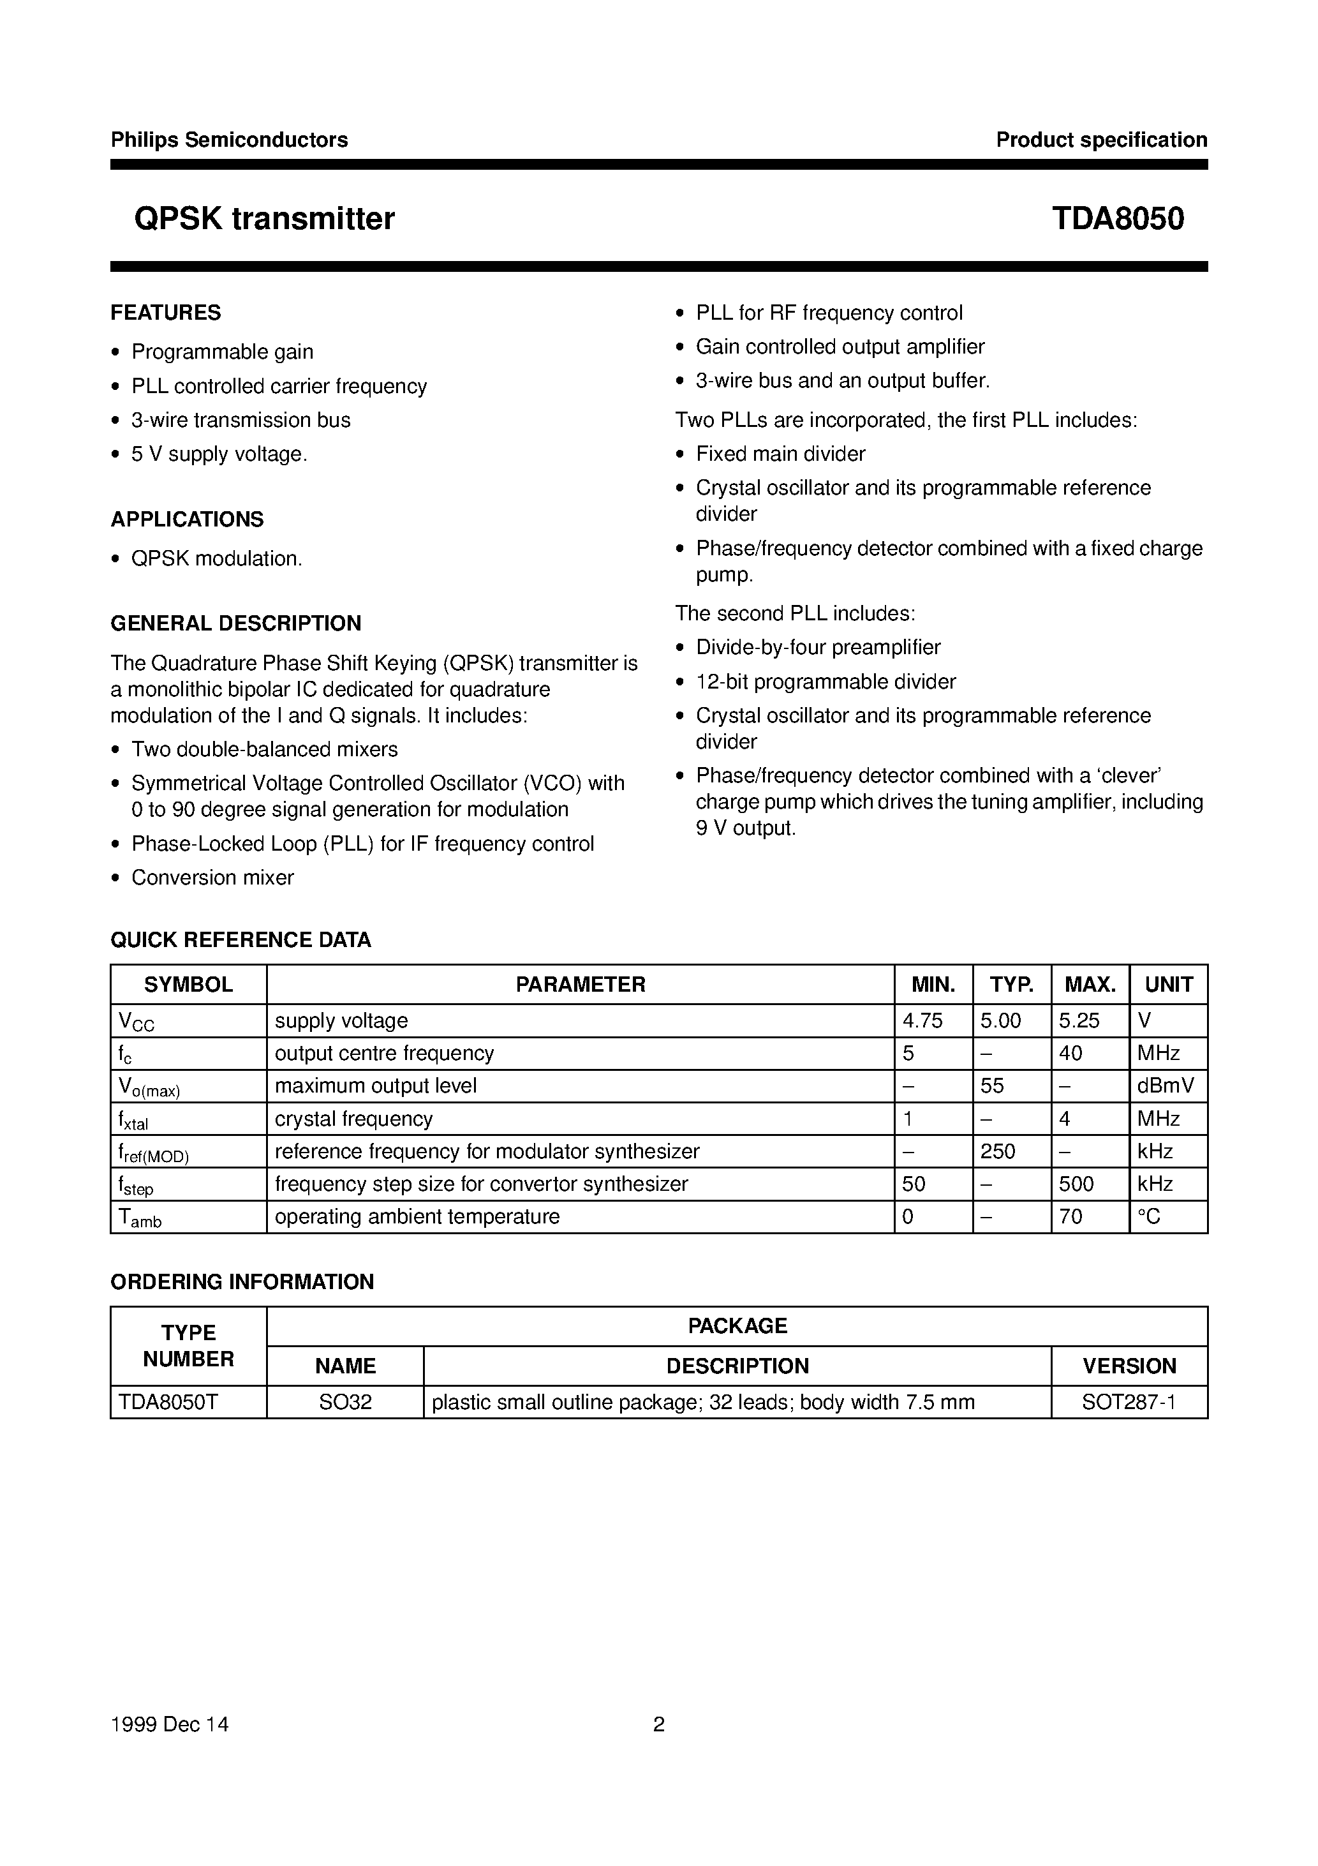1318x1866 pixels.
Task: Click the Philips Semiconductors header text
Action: (x=229, y=140)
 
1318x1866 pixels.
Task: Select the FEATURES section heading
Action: (x=166, y=313)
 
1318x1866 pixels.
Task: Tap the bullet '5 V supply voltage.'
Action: (x=219, y=454)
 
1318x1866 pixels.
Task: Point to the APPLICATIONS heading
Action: (x=187, y=519)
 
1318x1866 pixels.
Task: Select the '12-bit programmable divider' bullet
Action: (x=826, y=682)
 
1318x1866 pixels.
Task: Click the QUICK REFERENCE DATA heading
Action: (x=241, y=940)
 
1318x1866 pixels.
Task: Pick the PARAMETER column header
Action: (x=580, y=985)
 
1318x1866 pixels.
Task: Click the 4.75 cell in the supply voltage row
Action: (x=922, y=1021)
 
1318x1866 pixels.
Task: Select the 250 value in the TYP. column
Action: (x=998, y=1152)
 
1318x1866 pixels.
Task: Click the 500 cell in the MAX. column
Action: (x=1077, y=1184)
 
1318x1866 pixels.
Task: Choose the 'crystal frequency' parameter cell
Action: (x=353, y=1119)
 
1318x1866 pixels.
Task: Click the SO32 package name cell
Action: (x=345, y=1402)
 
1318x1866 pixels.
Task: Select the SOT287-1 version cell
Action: (x=1129, y=1402)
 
